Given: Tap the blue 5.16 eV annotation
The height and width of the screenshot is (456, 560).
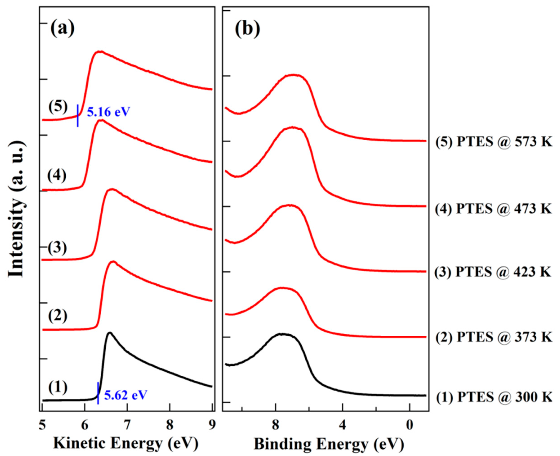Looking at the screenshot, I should tap(108, 112).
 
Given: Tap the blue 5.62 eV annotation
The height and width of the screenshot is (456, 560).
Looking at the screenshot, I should tap(126, 395).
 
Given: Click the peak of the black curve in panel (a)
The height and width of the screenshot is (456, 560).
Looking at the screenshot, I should tap(110, 333).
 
